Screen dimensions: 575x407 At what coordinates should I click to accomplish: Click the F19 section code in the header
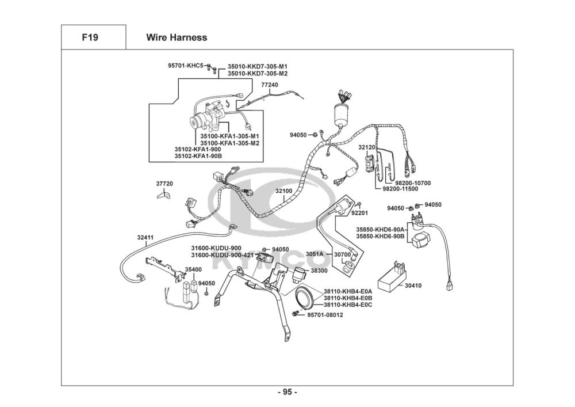pos(90,37)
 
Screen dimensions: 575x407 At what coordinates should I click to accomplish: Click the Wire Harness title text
pos(177,37)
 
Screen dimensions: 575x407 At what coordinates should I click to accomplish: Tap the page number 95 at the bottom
pos(287,392)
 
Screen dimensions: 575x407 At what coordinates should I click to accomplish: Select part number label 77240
pos(270,85)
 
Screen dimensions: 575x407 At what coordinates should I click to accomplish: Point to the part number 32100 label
pos(284,191)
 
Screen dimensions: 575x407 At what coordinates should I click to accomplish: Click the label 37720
pos(164,184)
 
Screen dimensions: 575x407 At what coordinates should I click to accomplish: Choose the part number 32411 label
pos(145,237)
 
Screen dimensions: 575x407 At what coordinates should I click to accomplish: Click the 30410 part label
pos(413,286)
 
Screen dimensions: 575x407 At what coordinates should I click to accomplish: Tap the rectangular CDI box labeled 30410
pos(391,277)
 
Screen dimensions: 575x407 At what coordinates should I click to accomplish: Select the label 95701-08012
pos(325,315)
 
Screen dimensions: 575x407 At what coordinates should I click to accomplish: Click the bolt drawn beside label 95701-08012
pos(295,314)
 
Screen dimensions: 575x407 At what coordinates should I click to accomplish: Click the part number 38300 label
pos(319,271)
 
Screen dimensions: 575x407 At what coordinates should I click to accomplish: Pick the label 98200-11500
pos(400,189)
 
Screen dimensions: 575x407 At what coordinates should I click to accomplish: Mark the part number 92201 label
pos(360,213)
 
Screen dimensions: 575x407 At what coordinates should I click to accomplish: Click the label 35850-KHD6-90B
pos(380,236)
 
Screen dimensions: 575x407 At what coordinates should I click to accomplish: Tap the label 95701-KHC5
pos(186,66)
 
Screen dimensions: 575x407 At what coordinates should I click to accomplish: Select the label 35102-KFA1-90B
pos(198,156)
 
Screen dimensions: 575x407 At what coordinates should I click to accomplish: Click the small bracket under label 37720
pos(164,195)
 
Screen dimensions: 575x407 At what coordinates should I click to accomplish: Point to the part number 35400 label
pos(193,269)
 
